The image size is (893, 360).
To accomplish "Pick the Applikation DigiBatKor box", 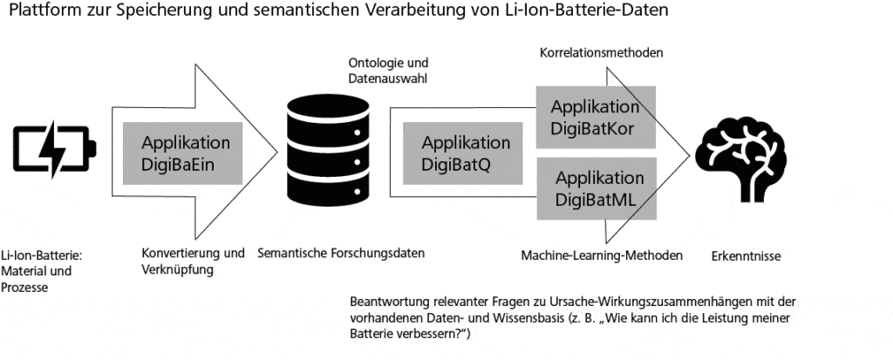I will pyautogui.click(x=595, y=118).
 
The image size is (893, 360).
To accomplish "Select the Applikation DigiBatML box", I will pyautogui.click(x=595, y=189).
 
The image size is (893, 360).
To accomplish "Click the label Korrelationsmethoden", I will pyautogui.click(x=602, y=53).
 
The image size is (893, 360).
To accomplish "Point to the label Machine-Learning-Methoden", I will pyautogui.click(x=601, y=255).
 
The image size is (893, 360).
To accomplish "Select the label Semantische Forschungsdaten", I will pyautogui.click(x=341, y=254).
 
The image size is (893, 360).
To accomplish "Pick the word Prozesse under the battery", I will pyautogui.click(x=25, y=287).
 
